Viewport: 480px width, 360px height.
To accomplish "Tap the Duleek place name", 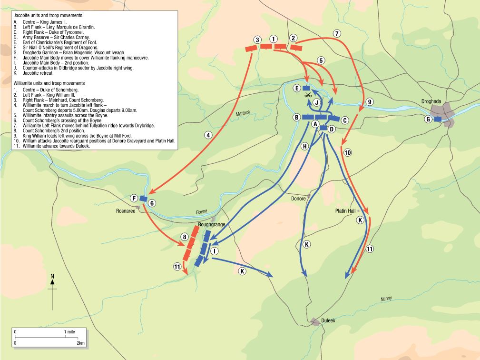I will tap(328, 320).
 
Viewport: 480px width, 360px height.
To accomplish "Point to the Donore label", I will tap(298, 198).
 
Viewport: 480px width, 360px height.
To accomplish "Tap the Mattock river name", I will tap(242, 114).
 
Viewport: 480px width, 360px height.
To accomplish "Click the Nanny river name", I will tap(386, 299).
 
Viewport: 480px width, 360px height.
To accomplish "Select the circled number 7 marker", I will tap(337, 34).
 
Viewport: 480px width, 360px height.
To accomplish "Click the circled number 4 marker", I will tap(208, 135).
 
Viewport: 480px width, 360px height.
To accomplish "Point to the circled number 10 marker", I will tap(347, 153).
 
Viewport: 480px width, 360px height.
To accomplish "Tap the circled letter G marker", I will tap(429, 119).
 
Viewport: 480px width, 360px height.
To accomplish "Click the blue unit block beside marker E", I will tap(306, 88).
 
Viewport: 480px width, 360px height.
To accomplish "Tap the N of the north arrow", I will tap(52, 277).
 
